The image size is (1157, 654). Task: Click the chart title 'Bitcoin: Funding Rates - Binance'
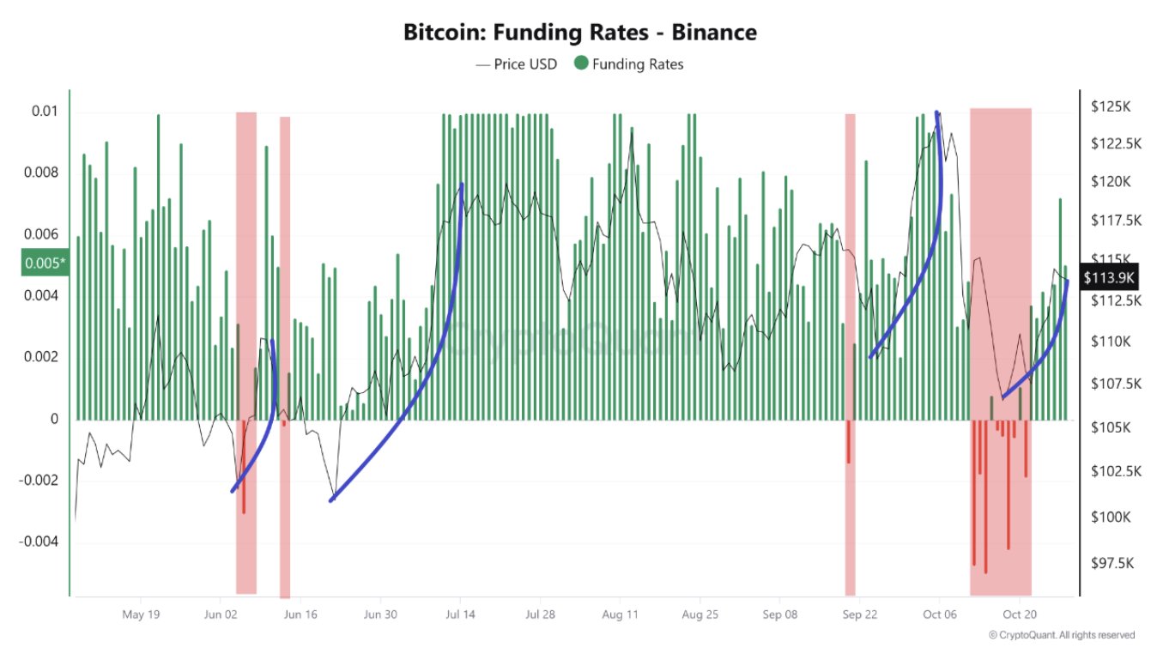pos(579,33)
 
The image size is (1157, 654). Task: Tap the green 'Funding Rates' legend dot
pos(581,64)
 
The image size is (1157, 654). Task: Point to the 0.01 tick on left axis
pos(45,112)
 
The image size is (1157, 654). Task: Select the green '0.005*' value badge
pos(45,263)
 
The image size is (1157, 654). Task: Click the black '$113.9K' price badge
pos(1109,277)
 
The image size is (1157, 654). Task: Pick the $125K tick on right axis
pos(1108,107)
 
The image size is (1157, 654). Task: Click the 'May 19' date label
pos(142,615)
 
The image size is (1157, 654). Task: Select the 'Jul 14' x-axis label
pos(460,615)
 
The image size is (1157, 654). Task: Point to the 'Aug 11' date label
pos(620,615)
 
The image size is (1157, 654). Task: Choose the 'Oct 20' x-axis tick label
pos(1021,615)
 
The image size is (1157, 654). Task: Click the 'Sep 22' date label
pos(859,615)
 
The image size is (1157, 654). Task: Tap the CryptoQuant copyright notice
pos(1062,635)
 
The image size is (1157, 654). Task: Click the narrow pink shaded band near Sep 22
pos(850,352)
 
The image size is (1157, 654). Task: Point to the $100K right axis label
pos(1111,518)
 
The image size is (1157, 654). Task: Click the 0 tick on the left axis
pos(53,419)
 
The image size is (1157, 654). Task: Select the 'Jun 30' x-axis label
pos(380,615)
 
